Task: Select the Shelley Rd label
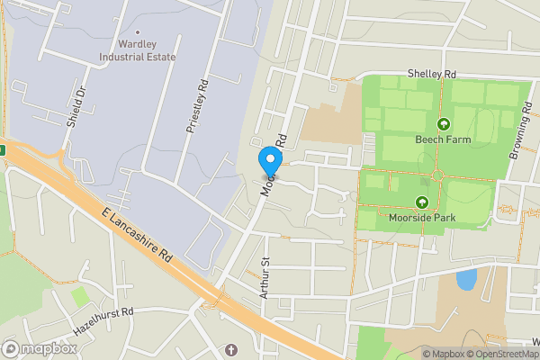point(432,74)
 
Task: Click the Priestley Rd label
point(197,106)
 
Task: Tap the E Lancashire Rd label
point(135,231)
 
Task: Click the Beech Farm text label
point(443,140)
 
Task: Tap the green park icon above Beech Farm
point(443,124)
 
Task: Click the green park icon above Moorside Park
point(423,202)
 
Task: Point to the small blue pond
point(466,279)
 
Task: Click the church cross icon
point(230,349)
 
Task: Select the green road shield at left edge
point(3,149)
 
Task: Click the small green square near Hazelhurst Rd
point(81,295)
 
